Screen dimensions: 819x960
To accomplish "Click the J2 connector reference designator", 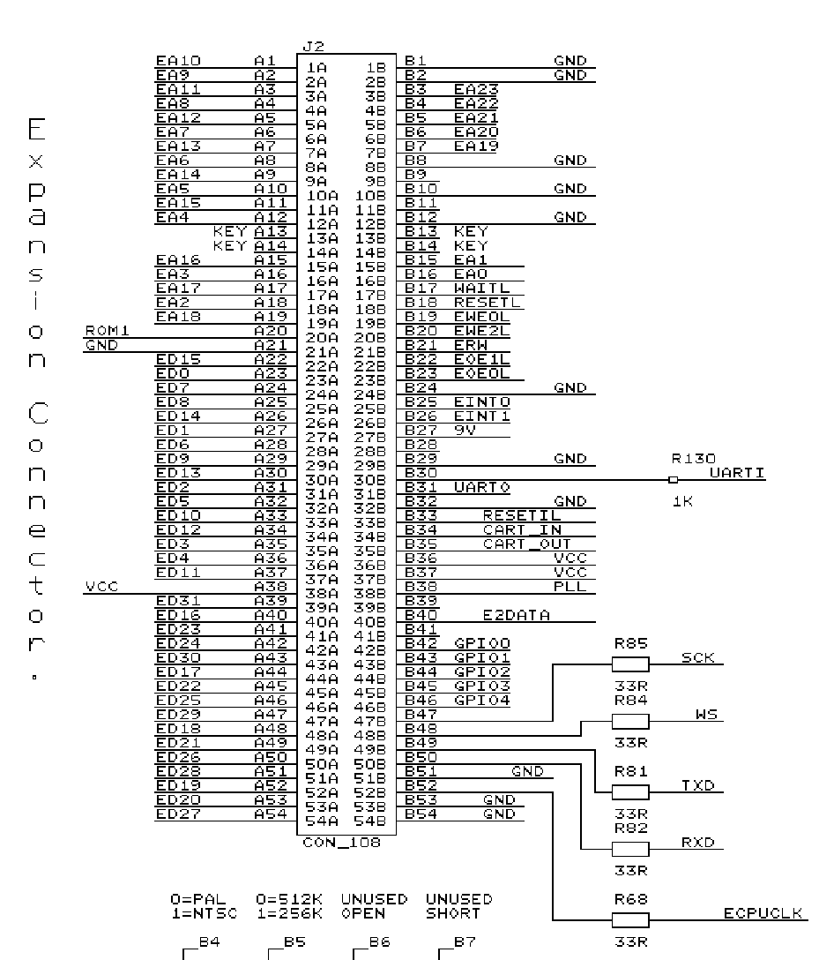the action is (x=313, y=47).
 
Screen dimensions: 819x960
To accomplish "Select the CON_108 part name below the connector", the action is (x=342, y=843).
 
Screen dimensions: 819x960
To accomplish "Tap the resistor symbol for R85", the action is (x=630, y=664).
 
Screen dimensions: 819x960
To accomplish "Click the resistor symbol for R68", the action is (x=630, y=920).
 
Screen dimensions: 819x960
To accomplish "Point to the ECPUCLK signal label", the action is (x=763, y=913).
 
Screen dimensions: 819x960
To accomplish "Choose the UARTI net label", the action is (x=737, y=473).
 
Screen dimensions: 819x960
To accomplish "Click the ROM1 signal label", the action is (x=107, y=331).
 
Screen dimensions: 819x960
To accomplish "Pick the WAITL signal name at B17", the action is (x=481, y=289).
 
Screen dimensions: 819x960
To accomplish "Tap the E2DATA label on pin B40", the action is (x=517, y=615).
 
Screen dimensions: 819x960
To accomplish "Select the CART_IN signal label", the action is (x=523, y=530).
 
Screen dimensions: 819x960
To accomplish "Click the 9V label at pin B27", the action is (x=465, y=431).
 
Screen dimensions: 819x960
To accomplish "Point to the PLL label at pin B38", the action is (x=570, y=587).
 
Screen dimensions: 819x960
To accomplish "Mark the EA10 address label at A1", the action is (x=178, y=61).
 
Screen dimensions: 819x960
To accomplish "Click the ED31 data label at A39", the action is (x=178, y=601).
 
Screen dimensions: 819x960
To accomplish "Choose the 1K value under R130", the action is (x=682, y=501).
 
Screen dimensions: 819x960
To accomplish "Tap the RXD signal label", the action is (x=698, y=843).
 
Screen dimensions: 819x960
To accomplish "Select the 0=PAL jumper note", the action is (x=198, y=899).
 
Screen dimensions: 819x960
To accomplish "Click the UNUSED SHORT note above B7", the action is (x=458, y=907).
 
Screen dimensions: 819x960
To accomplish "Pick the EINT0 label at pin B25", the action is (x=482, y=402).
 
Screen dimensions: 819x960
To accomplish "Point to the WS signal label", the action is (x=706, y=715).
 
